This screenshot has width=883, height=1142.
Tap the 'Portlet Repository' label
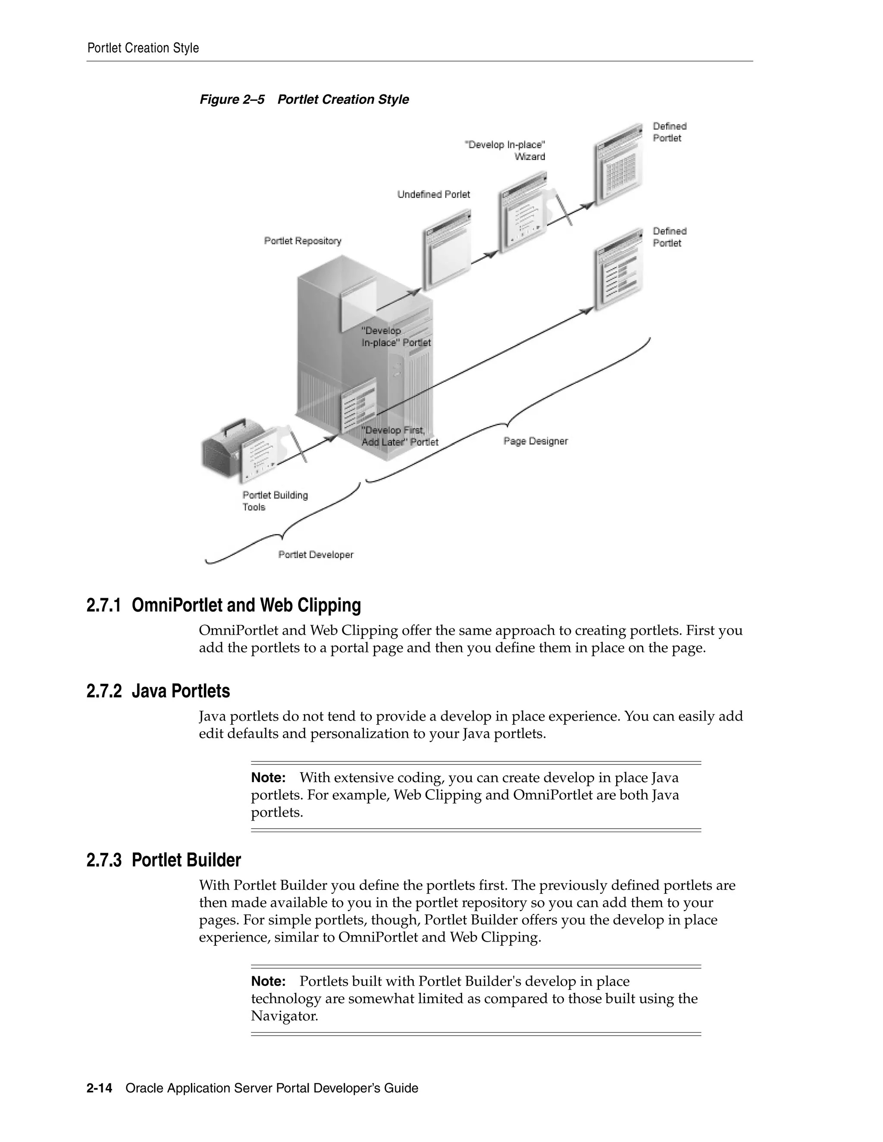(x=302, y=241)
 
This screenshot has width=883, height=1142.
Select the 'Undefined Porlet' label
(x=433, y=194)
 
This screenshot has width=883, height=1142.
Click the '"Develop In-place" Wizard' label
(x=505, y=150)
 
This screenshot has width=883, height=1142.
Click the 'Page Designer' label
(x=535, y=441)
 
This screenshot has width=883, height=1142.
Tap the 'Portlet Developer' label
(x=316, y=555)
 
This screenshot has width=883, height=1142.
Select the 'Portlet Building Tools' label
(x=275, y=501)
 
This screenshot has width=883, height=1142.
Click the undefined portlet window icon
(x=446, y=251)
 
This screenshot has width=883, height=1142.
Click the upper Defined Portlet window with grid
(x=618, y=165)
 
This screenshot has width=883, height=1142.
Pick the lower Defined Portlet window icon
(x=619, y=269)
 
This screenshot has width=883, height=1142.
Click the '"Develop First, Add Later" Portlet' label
(x=400, y=436)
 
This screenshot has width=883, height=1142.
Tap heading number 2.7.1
(x=103, y=605)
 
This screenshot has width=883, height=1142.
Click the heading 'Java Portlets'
(x=181, y=691)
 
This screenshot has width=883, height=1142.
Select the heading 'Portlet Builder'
(x=186, y=860)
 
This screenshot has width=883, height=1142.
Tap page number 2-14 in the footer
(x=100, y=1088)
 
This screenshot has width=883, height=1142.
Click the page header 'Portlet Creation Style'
(x=143, y=48)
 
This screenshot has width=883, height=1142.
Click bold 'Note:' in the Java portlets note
(x=268, y=777)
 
